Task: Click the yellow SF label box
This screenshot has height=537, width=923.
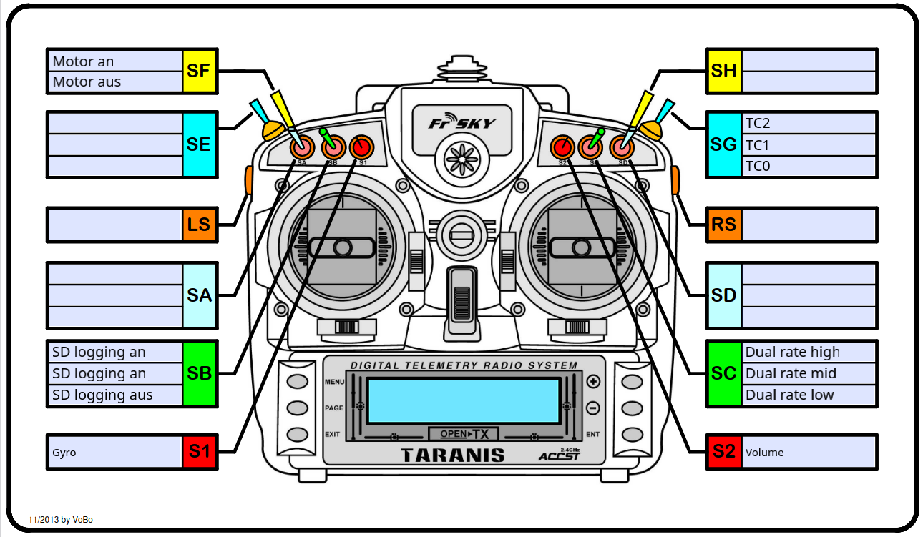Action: pos(200,71)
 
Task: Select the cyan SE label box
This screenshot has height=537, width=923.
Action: pos(200,144)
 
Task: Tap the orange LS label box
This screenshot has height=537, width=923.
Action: pos(200,225)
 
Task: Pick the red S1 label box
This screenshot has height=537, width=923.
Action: pos(200,451)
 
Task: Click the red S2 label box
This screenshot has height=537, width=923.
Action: pos(723,451)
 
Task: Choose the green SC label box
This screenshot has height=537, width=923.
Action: pos(723,373)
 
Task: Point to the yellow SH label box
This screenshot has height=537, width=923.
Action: pos(723,71)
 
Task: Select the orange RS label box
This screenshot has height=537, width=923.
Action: pos(723,225)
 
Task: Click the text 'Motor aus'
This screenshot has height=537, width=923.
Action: pos(87,82)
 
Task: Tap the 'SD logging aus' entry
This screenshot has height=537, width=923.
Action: pos(102,395)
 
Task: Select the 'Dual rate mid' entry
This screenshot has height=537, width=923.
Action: pos(791,373)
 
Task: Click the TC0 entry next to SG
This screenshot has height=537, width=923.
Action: pos(758,166)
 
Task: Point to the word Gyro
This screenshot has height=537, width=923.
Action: pos(64,453)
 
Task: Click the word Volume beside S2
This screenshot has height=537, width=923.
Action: pos(764,453)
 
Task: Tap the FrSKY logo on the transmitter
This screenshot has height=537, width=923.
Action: pos(461,123)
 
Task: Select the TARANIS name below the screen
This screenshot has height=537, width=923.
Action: pos(452,455)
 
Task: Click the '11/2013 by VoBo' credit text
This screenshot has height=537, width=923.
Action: pos(61,520)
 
